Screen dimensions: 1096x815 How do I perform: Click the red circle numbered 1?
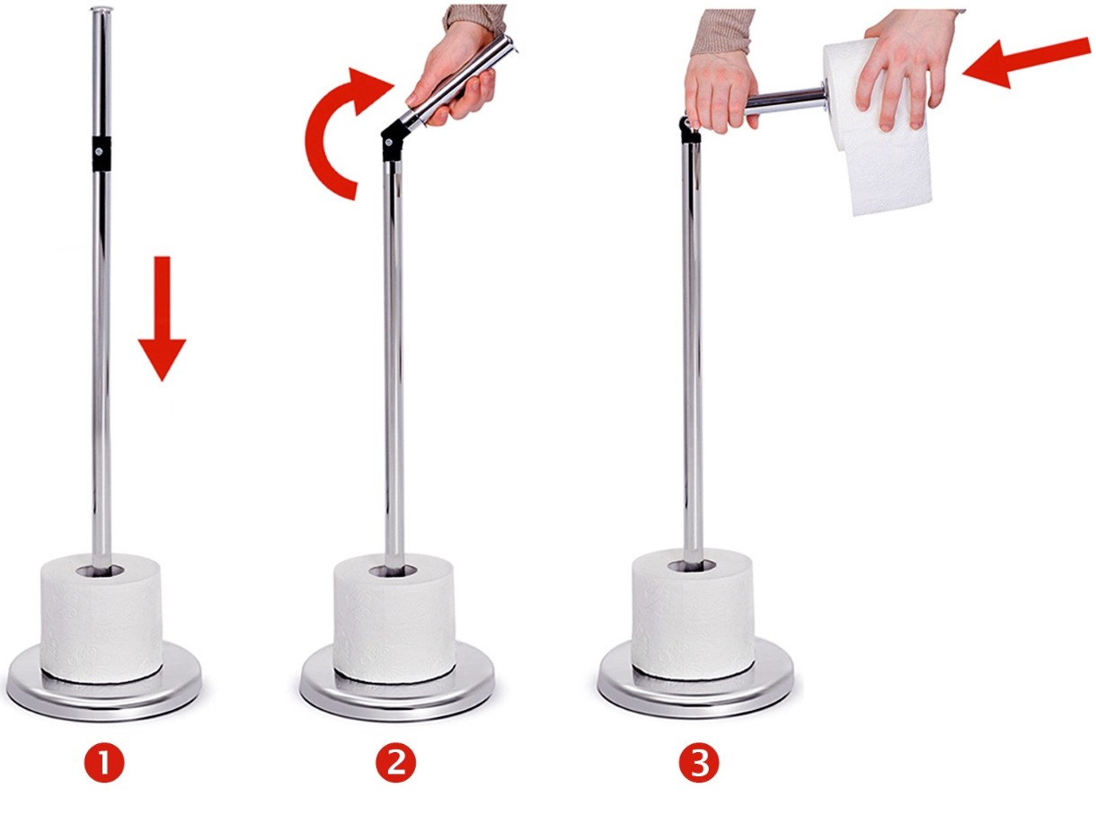point(104,764)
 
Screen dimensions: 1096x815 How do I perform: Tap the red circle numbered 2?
point(396,764)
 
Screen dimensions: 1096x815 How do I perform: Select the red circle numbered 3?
point(698,764)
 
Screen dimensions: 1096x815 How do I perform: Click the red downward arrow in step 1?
point(162,318)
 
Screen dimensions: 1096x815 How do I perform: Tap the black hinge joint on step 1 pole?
point(102,154)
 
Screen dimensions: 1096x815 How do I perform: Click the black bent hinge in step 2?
point(393,140)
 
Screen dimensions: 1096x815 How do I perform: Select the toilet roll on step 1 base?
point(102,618)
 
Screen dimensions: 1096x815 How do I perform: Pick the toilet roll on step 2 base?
point(393,618)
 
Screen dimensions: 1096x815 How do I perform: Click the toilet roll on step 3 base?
point(693,615)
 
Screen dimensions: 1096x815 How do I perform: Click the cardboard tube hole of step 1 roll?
point(101,571)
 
